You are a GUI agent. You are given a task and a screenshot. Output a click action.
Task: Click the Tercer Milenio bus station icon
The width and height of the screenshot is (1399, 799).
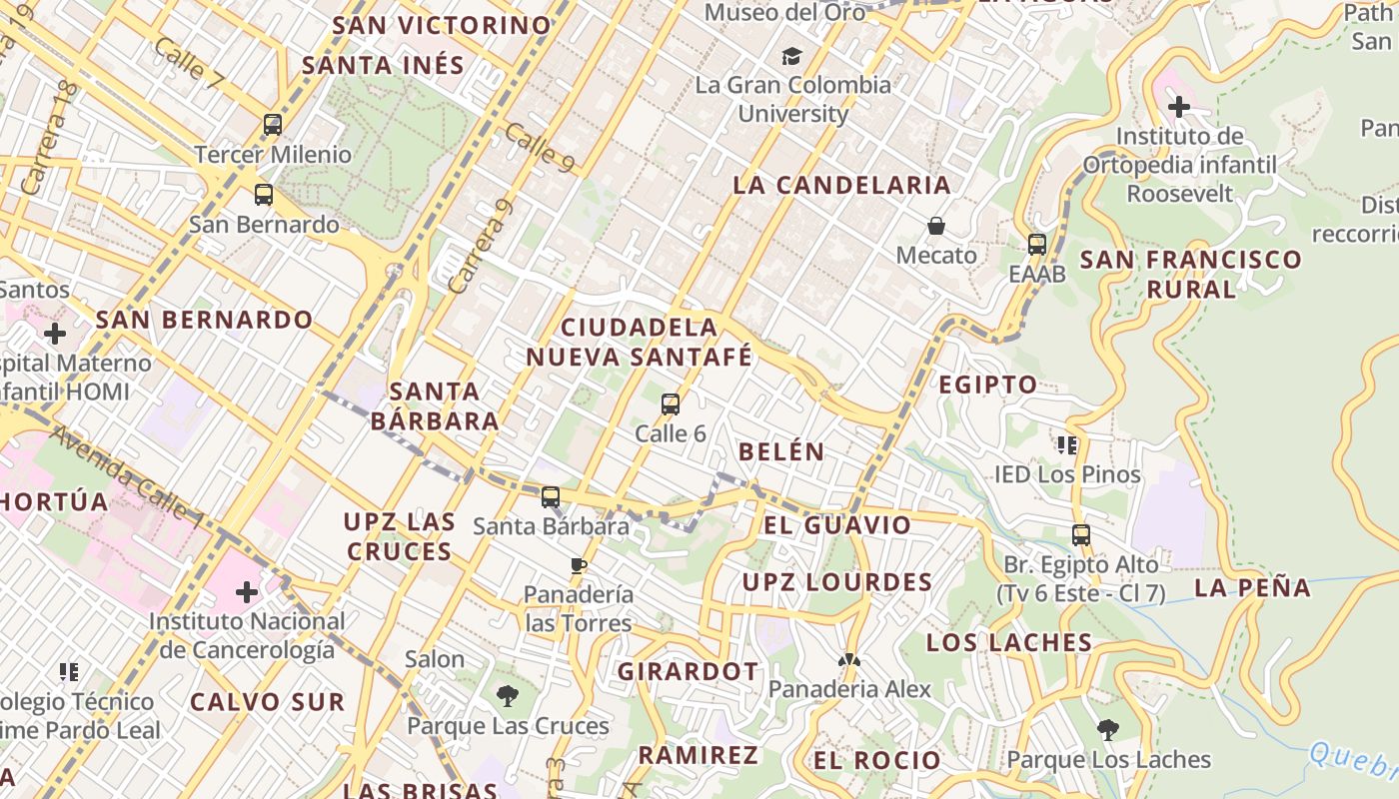(x=272, y=125)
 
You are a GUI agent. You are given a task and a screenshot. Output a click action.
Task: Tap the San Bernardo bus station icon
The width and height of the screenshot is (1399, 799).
(x=264, y=194)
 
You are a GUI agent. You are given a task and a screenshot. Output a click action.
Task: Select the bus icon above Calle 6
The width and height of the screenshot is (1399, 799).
(x=671, y=403)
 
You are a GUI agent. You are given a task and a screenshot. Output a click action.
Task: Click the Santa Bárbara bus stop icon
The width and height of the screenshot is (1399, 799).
(x=551, y=496)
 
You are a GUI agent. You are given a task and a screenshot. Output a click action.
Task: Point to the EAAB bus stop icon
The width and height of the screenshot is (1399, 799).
(x=1037, y=244)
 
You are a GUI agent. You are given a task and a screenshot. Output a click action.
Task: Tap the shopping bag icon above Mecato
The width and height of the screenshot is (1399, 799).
(x=936, y=226)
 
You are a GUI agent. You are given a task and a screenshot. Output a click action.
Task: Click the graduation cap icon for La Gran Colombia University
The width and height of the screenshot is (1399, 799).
(x=792, y=56)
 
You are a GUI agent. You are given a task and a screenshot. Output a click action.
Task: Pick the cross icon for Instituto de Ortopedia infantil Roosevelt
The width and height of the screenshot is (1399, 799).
(x=1179, y=106)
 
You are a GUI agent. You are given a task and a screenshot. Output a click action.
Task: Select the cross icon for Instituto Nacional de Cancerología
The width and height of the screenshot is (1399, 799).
(x=247, y=592)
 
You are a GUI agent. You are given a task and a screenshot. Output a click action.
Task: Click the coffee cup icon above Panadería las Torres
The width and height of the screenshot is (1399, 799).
(x=579, y=565)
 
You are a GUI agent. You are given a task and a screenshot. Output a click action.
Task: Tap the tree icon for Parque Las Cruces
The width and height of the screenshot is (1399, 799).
(x=508, y=696)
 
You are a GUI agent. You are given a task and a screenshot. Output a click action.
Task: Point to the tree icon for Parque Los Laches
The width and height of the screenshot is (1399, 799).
(x=1107, y=729)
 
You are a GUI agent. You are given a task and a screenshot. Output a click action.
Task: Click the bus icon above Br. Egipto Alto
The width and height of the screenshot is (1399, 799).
(x=1080, y=534)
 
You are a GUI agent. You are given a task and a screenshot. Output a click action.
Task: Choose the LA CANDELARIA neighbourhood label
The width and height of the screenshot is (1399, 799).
(x=841, y=185)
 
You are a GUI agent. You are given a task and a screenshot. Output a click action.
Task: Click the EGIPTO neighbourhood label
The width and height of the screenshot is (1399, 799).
(x=987, y=385)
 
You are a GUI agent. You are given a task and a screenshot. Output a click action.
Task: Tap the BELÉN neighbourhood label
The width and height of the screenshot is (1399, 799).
(x=781, y=451)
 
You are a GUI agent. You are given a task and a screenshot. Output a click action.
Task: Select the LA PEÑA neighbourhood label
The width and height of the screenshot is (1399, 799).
(x=1252, y=587)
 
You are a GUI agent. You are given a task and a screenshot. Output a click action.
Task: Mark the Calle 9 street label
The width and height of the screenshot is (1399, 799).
(x=539, y=147)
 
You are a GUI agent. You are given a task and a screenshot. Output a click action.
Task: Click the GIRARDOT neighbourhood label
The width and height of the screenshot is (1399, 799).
(x=688, y=671)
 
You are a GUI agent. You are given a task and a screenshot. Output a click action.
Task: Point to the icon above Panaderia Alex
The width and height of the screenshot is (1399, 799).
(x=849, y=660)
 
